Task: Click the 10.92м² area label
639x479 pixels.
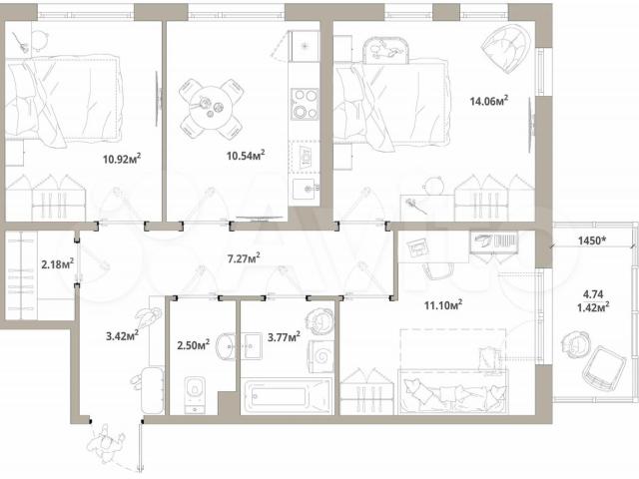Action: point(122,158)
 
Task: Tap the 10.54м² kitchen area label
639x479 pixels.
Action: point(246,156)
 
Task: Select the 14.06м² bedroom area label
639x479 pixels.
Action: point(489,100)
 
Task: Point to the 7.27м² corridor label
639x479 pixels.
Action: point(244,258)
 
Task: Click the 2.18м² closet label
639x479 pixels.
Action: point(58,263)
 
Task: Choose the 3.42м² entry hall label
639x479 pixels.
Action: point(122,335)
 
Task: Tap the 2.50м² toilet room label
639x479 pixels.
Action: point(193,345)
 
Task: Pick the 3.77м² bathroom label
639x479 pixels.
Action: point(284,337)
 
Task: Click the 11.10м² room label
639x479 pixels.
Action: point(443,304)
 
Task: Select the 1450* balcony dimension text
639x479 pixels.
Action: point(592,240)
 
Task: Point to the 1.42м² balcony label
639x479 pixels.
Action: point(593,306)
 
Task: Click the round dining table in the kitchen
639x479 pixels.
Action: point(212,108)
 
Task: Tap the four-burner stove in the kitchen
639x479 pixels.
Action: point(305,104)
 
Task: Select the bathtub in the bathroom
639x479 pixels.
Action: point(287,396)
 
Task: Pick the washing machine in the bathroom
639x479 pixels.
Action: point(322,356)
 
